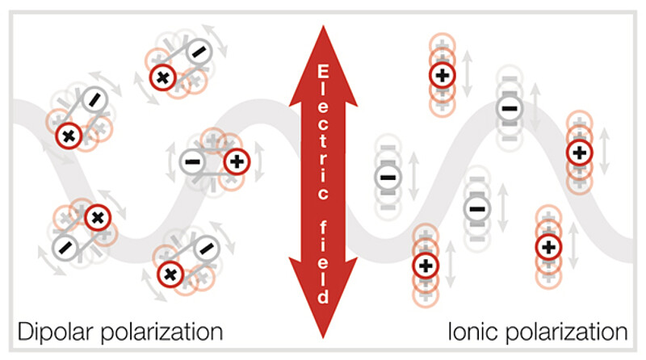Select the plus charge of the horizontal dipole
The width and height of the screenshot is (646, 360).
(x=236, y=161)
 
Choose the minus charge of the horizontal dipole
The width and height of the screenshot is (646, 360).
(x=193, y=161)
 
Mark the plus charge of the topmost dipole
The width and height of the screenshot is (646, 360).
(x=162, y=77)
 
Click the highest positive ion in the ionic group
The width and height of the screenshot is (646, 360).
(x=442, y=75)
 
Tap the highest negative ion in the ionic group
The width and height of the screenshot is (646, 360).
(x=509, y=107)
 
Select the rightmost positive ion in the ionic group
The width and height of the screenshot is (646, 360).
(x=578, y=151)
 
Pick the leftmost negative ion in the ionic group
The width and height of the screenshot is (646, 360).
(x=388, y=177)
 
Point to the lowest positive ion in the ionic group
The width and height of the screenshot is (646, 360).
(x=425, y=265)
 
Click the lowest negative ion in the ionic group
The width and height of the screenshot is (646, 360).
(x=476, y=209)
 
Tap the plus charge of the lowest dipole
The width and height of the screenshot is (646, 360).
(x=170, y=274)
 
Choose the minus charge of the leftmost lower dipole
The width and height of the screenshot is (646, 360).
(x=65, y=245)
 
